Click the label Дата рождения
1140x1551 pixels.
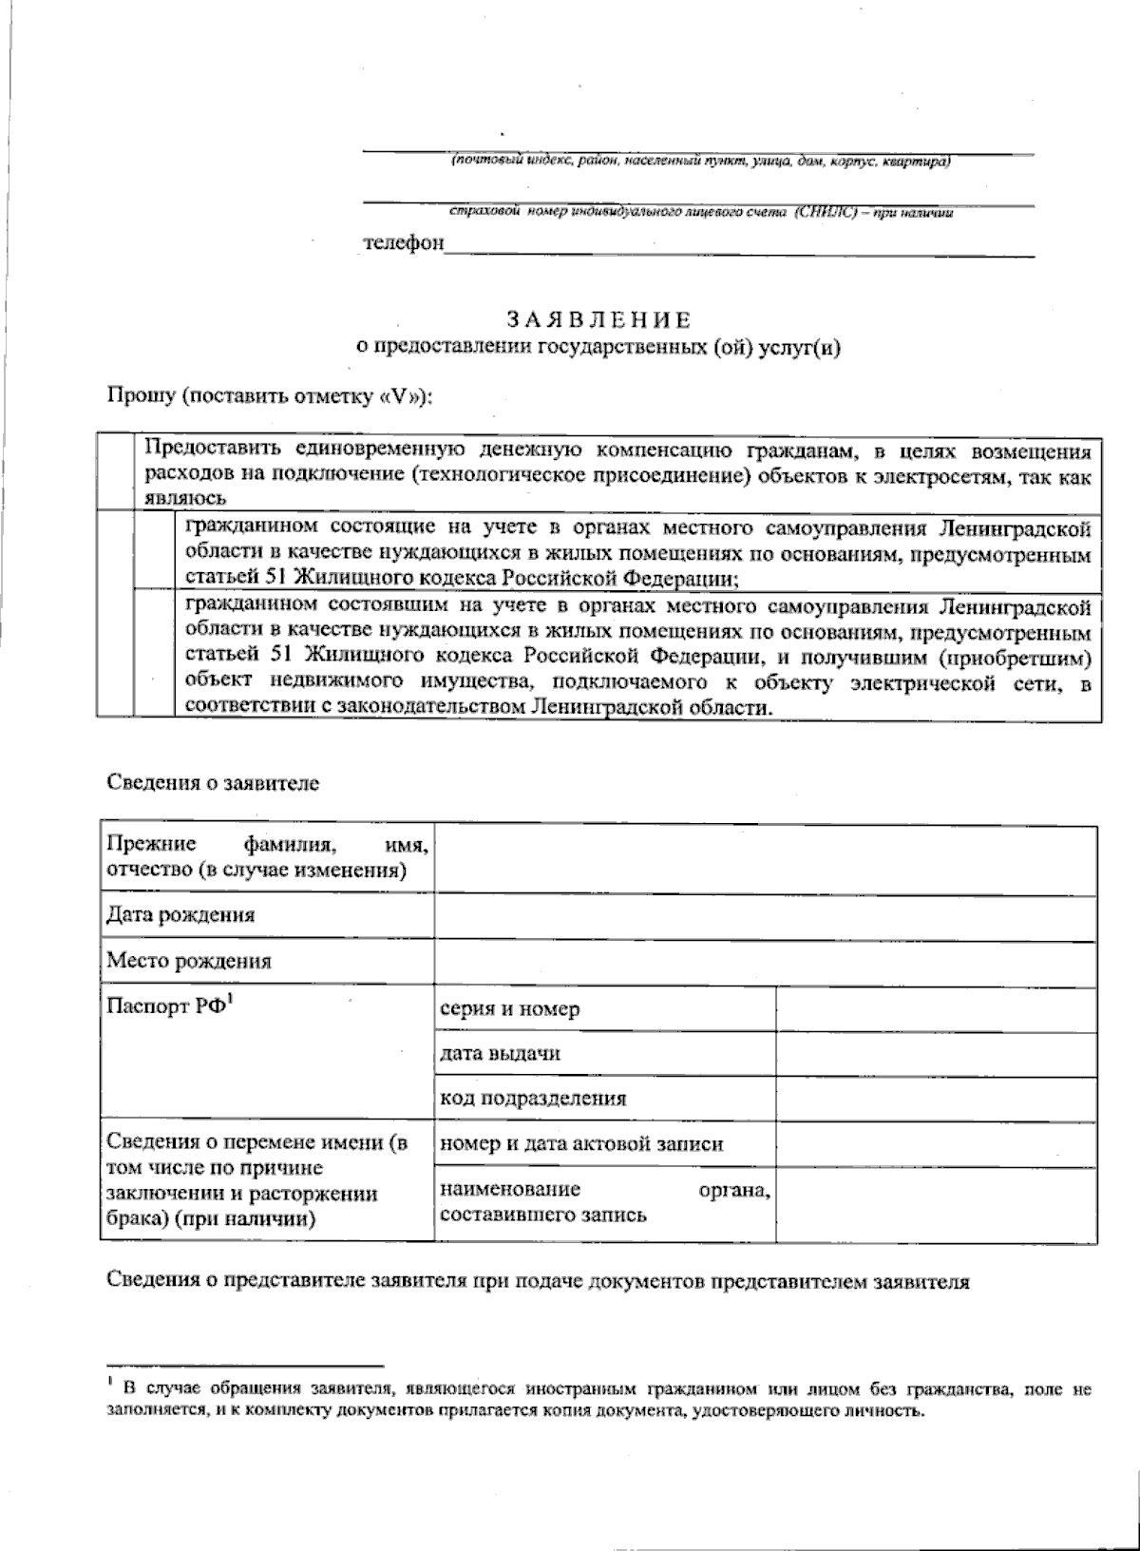point(180,915)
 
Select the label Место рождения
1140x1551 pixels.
point(189,961)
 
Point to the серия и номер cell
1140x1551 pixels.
point(509,1009)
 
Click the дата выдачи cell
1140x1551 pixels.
point(500,1053)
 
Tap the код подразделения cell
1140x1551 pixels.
point(532,1099)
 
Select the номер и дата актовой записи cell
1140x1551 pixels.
point(581,1143)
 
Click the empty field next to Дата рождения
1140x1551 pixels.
point(765,915)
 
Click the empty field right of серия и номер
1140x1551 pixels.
point(936,1009)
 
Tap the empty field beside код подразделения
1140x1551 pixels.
point(936,1099)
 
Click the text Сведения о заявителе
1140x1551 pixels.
point(213,784)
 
